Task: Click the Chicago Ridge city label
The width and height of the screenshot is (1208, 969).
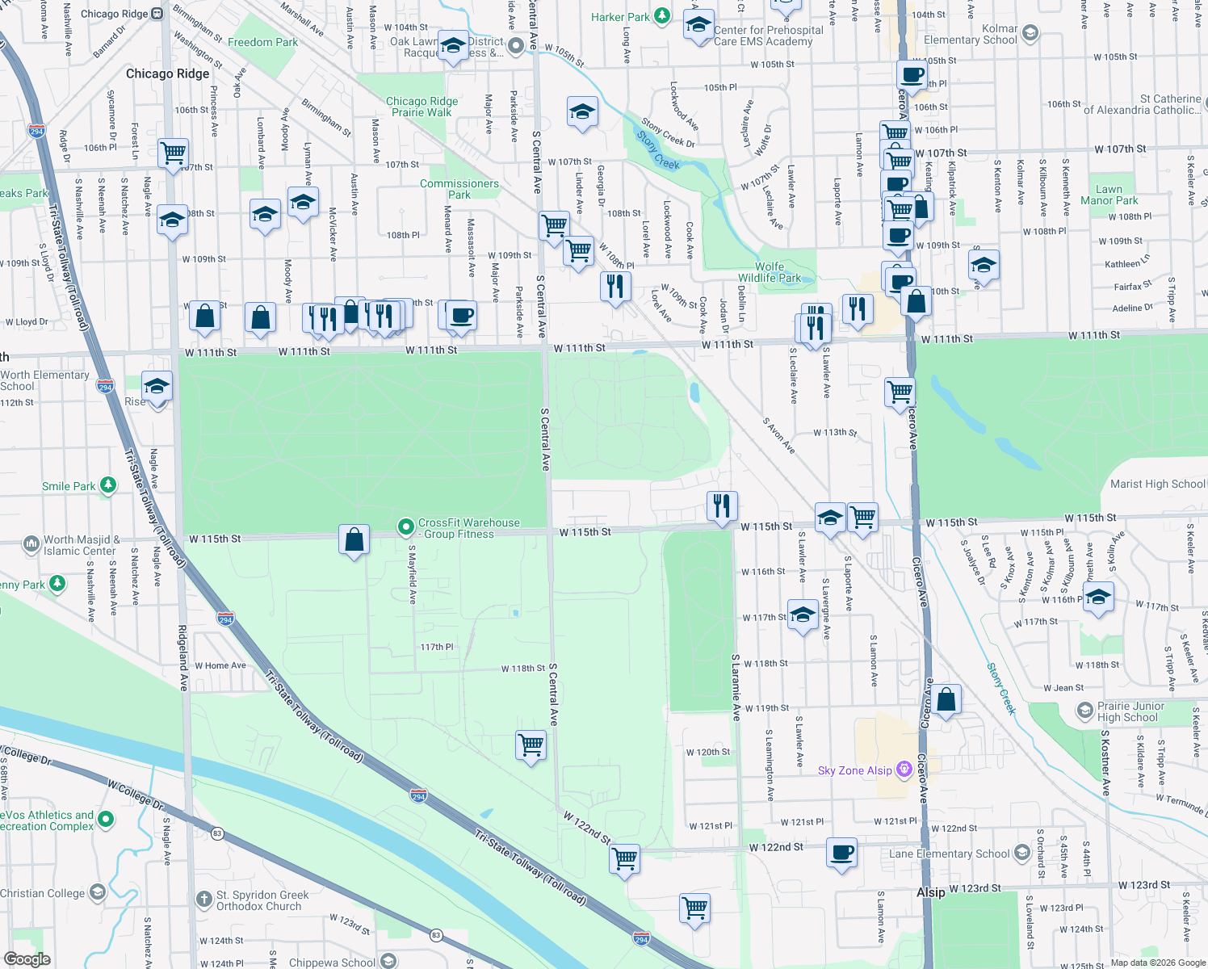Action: point(167,73)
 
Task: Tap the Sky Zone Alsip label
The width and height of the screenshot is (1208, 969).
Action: point(854,770)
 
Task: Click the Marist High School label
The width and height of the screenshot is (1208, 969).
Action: point(1157,484)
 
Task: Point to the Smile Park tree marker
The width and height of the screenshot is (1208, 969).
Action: point(108,485)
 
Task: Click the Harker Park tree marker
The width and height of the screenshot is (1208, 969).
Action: point(662,16)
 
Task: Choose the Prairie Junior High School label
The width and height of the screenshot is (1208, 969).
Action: point(1130,711)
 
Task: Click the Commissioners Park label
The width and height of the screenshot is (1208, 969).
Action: point(459,189)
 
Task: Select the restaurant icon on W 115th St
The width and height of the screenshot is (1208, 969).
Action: point(722,506)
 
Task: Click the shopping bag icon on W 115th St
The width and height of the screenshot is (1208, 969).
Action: point(354,539)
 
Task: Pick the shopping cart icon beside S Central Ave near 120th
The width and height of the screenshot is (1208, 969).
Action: point(531,745)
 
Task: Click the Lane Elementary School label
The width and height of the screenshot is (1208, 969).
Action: point(949,854)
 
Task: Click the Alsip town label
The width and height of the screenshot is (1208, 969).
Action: point(931,892)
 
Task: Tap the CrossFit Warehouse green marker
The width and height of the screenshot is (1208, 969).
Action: point(406,527)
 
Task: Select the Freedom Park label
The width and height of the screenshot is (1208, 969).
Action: point(262,42)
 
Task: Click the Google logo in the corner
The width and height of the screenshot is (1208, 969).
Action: point(27,959)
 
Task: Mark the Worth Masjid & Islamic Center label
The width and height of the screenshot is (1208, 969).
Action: point(81,545)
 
